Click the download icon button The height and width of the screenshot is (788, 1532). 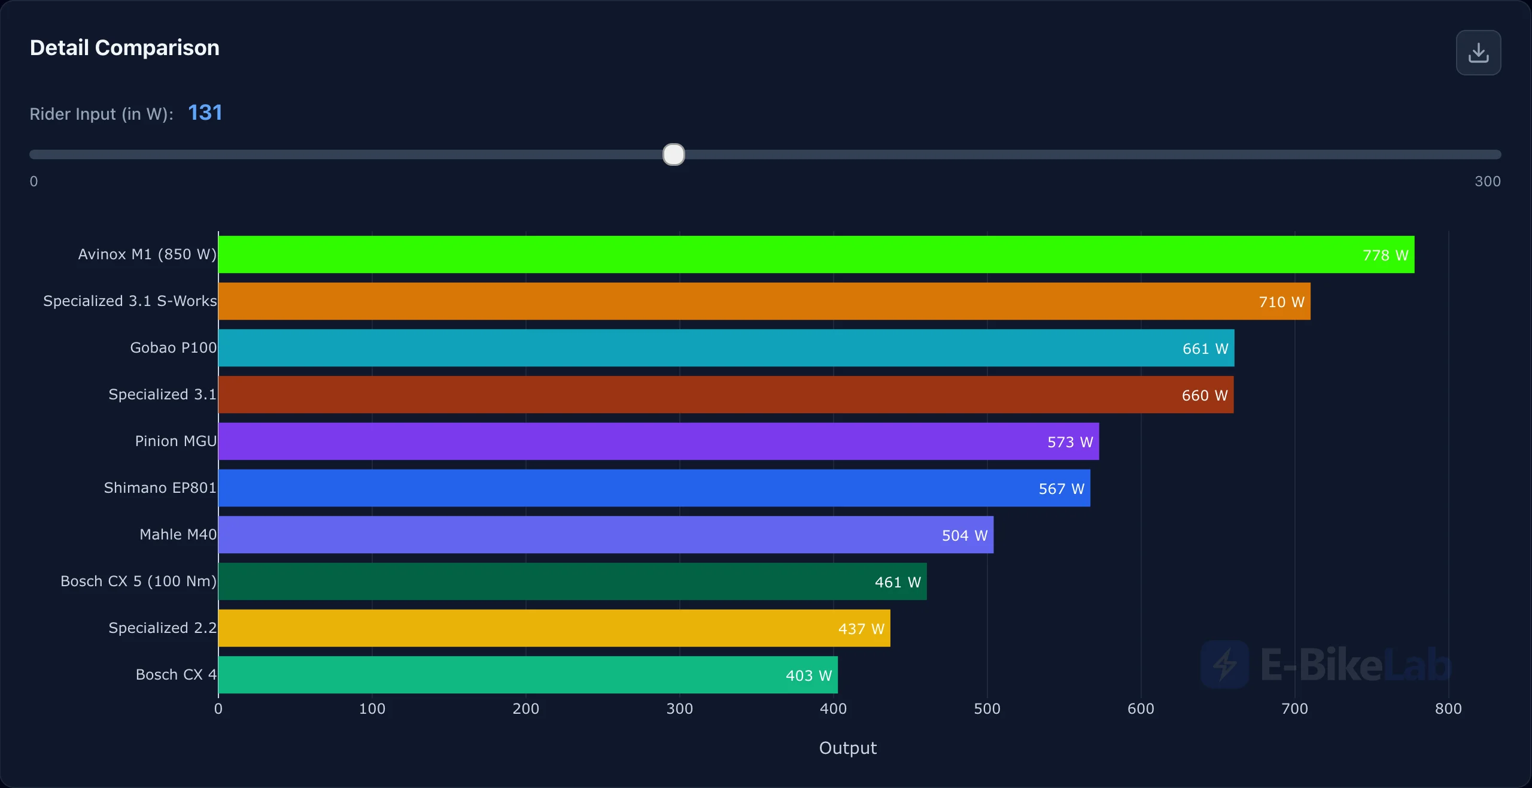pyautogui.click(x=1478, y=53)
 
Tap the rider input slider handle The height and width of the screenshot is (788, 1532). pyautogui.click(x=674, y=154)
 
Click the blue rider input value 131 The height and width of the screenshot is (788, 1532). pyautogui.click(x=205, y=113)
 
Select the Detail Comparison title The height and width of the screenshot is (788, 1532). pyautogui.click(x=124, y=47)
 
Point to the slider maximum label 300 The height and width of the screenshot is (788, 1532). pyautogui.click(x=1488, y=181)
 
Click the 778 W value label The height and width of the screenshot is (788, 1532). pyautogui.click(x=1385, y=255)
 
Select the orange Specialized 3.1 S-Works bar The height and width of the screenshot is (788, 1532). pyautogui.click(x=764, y=301)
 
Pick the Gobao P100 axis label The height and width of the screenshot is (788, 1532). pyautogui.click(x=174, y=348)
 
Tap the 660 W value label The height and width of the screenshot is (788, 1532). pyautogui.click(x=1205, y=395)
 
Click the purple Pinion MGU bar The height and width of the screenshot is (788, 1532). pyautogui.click(x=659, y=441)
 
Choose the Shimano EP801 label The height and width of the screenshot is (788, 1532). pyautogui.click(x=160, y=488)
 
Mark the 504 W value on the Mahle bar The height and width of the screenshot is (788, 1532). pyautogui.click(x=965, y=535)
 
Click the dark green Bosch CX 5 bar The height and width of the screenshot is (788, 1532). pyautogui.click(x=573, y=581)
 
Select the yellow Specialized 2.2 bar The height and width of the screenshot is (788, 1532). pyautogui.click(x=554, y=628)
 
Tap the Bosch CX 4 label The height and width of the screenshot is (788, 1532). pyautogui.click(x=176, y=675)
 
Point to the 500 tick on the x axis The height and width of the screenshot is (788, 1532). pyautogui.click(x=987, y=709)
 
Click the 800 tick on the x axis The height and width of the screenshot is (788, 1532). pyautogui.click(x=1448, y=709)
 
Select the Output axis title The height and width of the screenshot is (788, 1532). pyautogui.click(x=848, y=748)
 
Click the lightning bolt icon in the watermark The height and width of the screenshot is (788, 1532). pyautogui.click(x=1225, y=665)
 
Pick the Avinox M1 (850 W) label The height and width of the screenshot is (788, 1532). pyautogui.click(x=147, y=254)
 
